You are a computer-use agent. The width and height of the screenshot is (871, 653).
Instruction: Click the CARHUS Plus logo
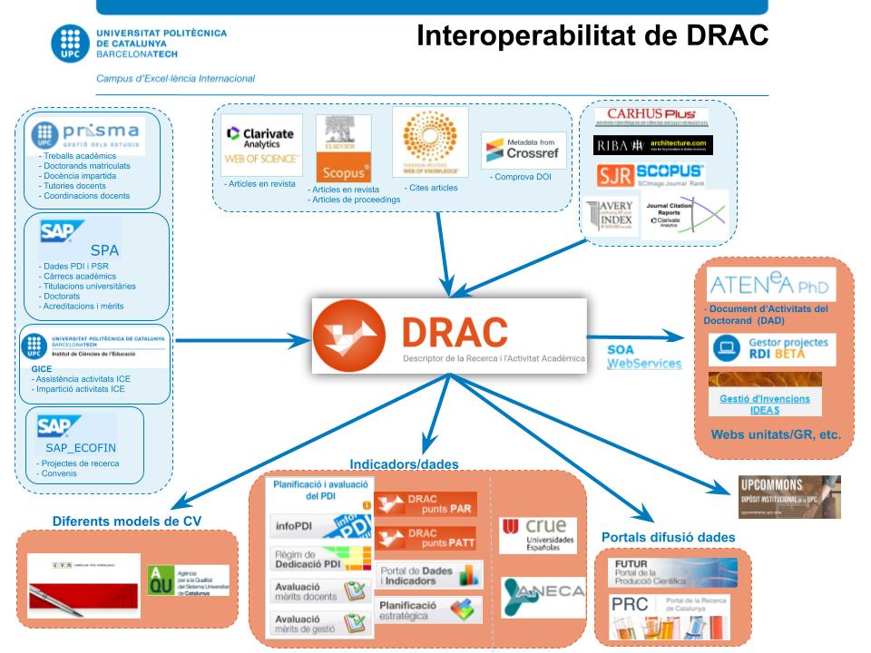[651, 117]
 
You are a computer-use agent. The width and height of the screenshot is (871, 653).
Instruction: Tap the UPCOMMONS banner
[788, 496]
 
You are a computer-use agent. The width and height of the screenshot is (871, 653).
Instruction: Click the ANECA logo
[536, 595]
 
